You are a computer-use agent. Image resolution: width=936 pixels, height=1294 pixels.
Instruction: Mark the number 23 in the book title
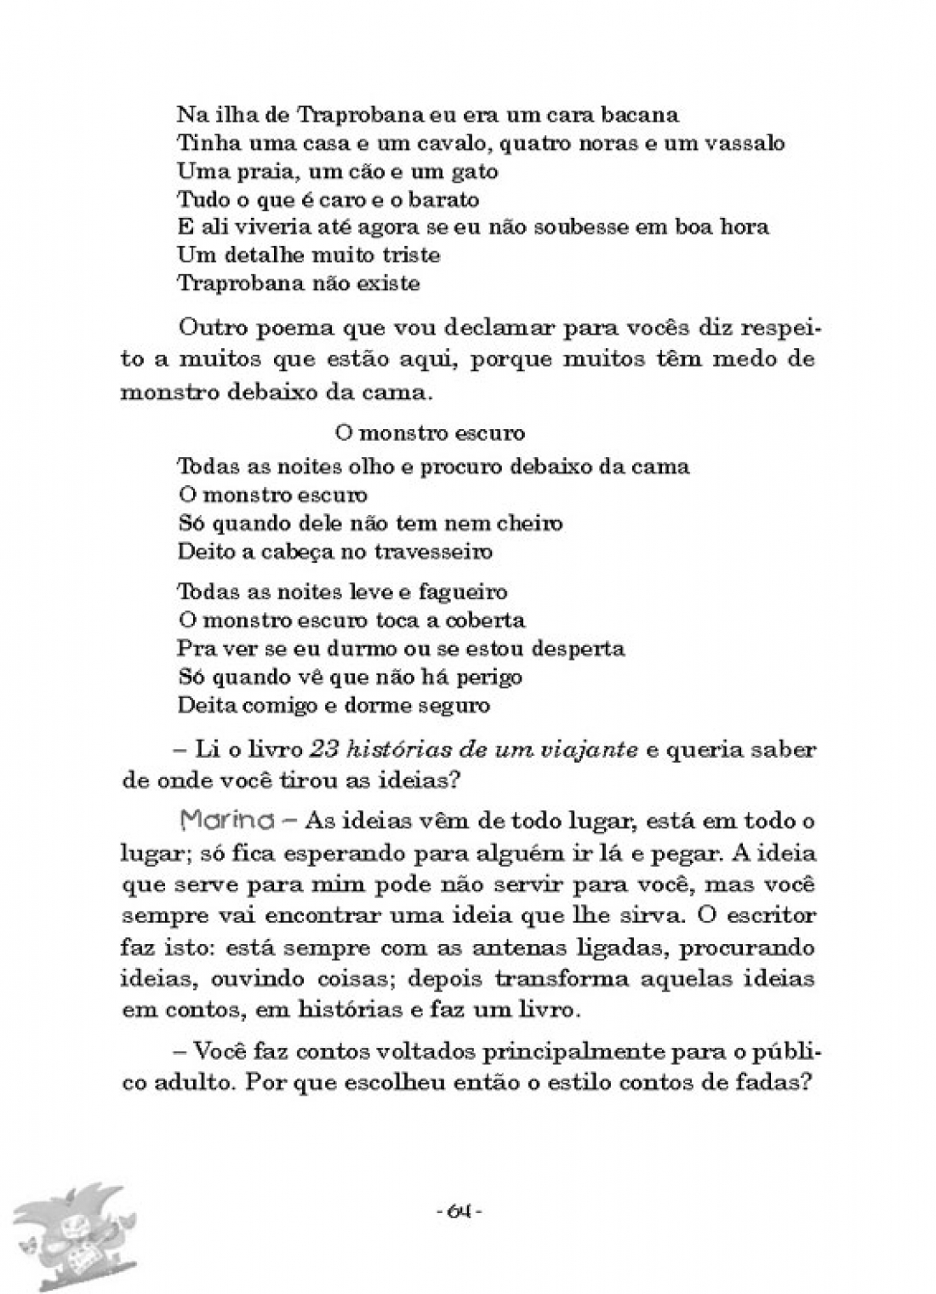click(322, 750)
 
